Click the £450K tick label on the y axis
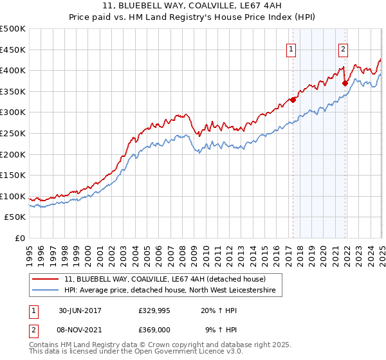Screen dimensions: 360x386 pos(13,50)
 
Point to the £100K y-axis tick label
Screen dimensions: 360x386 pos(13,196)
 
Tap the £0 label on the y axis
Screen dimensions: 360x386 pos(20,239)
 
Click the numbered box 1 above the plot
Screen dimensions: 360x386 pos(291,49)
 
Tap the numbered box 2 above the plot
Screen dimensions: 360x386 pos(344,49)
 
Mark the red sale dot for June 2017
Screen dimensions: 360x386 pos(293,99)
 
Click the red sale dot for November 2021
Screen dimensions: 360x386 pos(345,82)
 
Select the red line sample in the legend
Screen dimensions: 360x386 pos(45,279)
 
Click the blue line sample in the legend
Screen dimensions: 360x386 pos(45,291)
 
